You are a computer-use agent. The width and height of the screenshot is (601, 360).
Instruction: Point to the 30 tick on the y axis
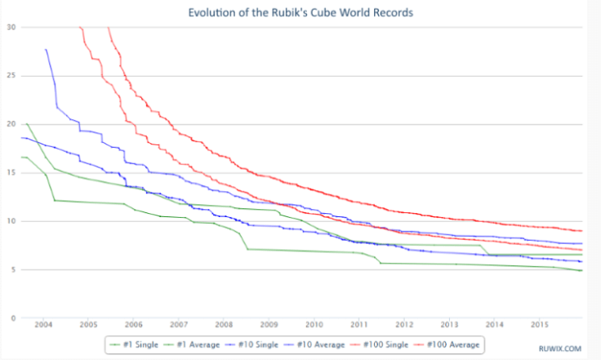point(11,27)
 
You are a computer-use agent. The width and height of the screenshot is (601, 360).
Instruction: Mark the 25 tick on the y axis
point(11,76)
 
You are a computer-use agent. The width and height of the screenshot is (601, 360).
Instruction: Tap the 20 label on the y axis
point(11,124)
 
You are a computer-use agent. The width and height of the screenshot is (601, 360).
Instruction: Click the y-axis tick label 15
point(11,172)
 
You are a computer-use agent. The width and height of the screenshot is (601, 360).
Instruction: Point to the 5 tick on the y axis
point(13,269)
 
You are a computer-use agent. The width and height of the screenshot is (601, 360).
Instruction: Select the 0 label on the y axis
point(13,318)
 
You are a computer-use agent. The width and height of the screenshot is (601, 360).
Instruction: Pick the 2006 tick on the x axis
point(134,325)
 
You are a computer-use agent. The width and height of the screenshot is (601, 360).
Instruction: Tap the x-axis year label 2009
point(269,325)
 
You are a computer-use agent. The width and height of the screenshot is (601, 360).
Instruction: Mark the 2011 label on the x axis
point(358,325)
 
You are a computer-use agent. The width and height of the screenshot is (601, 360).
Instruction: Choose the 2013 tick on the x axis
point(448,325)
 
